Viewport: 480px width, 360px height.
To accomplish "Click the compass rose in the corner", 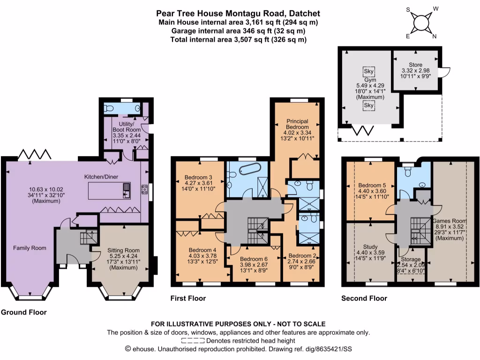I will [421, 22].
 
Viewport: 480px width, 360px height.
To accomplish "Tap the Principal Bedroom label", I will [297, 124].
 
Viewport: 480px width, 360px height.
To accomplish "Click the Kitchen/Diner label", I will [101, 177].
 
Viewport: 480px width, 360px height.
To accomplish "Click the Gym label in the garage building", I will [370, 80].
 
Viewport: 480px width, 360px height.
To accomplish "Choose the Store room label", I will [415, 65].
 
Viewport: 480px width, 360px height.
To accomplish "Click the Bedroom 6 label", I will [253, 258].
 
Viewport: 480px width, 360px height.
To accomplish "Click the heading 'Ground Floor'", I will [23, 312].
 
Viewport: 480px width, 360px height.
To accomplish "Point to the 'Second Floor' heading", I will [364, 298].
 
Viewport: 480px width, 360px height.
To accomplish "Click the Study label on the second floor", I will [370, 246].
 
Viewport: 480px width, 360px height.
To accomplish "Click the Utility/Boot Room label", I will [127, 126].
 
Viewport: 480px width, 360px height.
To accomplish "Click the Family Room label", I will [30, 247].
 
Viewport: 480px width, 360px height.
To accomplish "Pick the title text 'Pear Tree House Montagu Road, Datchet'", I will [239, 14].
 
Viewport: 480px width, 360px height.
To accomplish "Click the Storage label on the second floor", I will [411, 259].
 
